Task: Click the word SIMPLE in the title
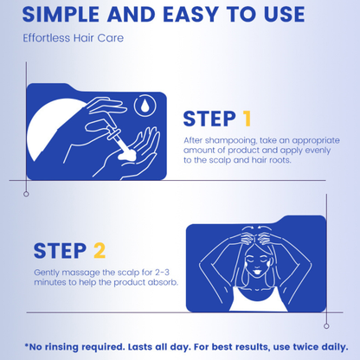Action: click(x=61, y=15)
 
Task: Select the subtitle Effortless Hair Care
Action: click(x=74, y=38)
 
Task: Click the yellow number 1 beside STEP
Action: click(x=247, y=119)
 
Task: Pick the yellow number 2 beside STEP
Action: click(x=100, y=250)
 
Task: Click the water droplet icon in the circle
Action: click(x=145, y=106)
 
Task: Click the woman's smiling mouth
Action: click(x=255, y=272)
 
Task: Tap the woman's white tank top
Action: click(x=258, y=300)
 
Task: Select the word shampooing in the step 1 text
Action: click(x=230, y=141)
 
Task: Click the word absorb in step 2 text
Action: click(x=163, y=282)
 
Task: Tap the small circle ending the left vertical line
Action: click(x=26, y=194)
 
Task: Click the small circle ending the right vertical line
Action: click(x=326, y=326)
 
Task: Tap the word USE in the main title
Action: click(x=285, y=15)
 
